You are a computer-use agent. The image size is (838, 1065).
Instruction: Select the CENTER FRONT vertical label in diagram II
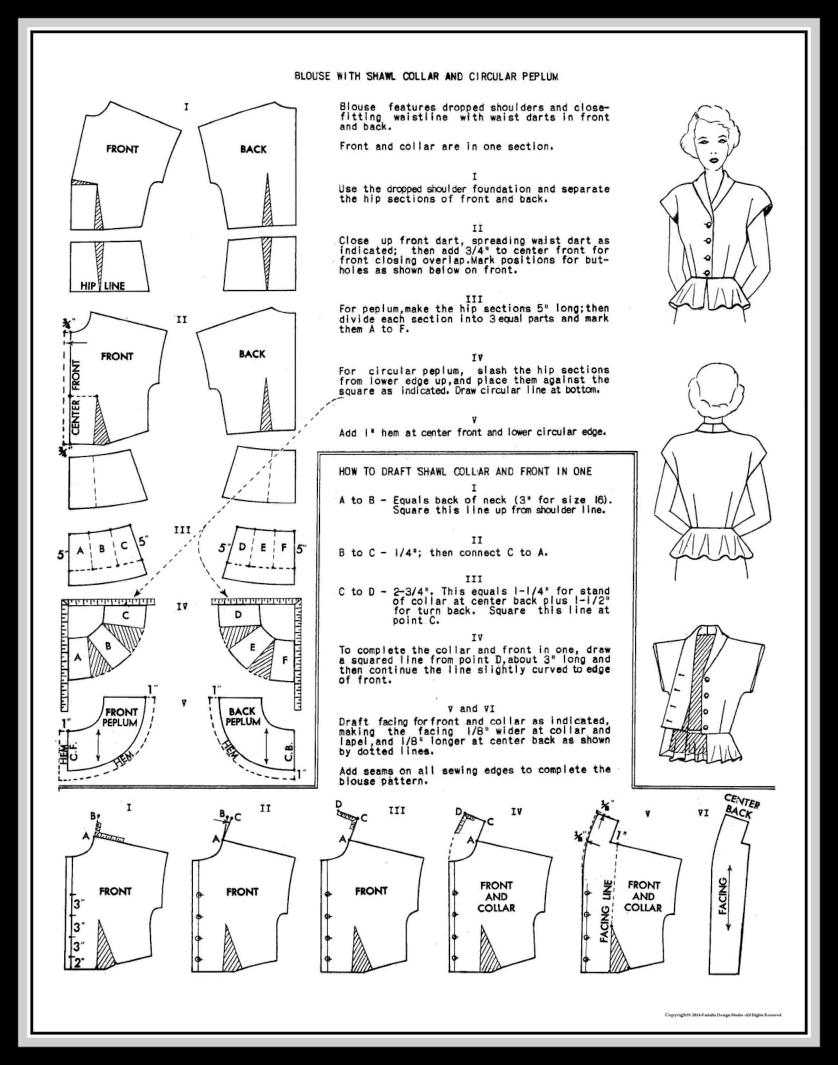pyautogui.click(x=75, y=397)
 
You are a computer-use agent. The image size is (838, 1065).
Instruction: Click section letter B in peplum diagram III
pyautogui.click(x=102, y=549)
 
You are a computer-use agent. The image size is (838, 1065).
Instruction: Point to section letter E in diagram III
pyautogui.click(x=263, y=548)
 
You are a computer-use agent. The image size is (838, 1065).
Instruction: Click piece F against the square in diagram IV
pyautogui.click(x=285, y=660)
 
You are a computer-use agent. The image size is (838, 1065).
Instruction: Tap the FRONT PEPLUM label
pyautogui.click(x=120, y=717)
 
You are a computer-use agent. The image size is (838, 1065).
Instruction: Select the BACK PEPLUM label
pyautogui.click(x=242, y=716)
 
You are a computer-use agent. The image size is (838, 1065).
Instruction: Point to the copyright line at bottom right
pyautogui.click(x=722, y=1014)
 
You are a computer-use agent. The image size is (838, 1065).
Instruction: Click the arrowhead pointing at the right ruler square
pyautogui.click(x=225, y=593)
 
